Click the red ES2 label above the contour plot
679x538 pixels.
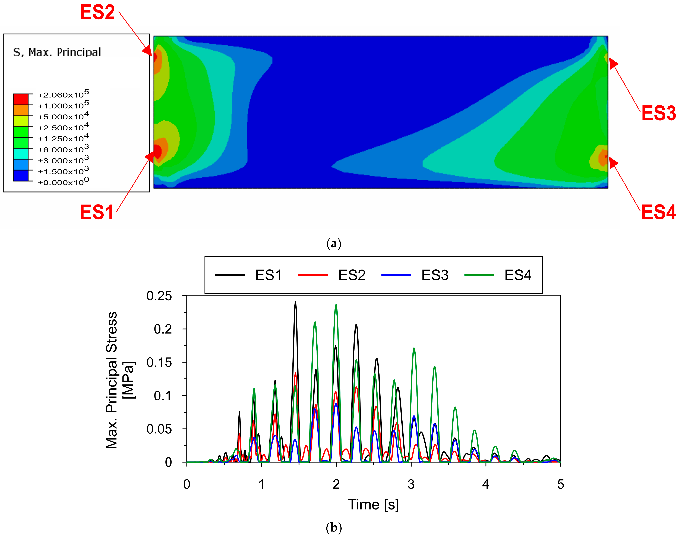(x=97, y=13)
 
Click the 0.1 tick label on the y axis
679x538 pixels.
(x=163, y=396)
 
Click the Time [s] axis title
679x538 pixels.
(x=373, y=505)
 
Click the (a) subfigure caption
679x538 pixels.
(x=334, y=244)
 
